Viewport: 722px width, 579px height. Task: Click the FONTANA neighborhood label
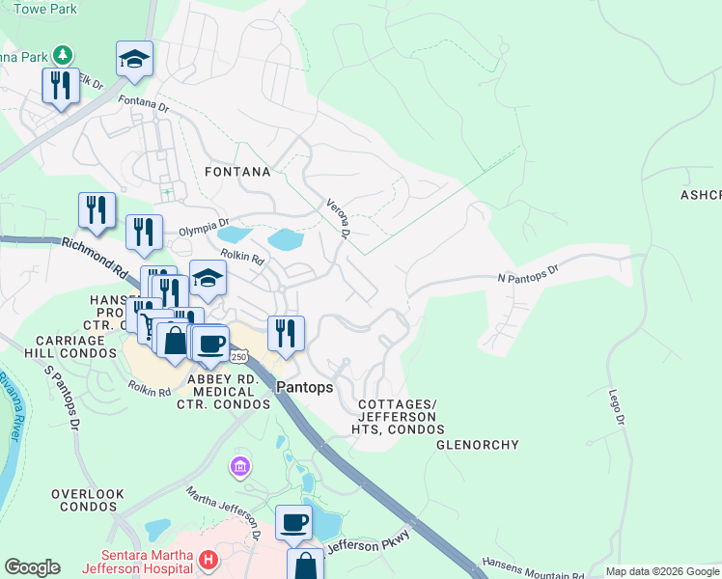[x=237, y=172]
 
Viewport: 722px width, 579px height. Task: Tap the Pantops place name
[x=304, y=387]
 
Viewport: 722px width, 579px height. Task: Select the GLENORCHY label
[x=478, y=445]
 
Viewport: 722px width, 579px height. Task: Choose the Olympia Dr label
[x=203, y=232]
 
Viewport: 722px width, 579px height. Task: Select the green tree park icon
[x=64, y=55]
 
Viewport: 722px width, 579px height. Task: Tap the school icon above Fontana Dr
[x=134, y=58]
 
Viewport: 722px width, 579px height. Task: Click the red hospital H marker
[x=208, y=560]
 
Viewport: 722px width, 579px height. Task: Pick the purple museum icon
[x=239, y=468]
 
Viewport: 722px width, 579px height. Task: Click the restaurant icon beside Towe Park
[x=61, y=85]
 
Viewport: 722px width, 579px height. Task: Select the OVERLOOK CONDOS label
[x=88, y=500]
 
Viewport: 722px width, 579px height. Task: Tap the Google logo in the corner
[x=32, y=567]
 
